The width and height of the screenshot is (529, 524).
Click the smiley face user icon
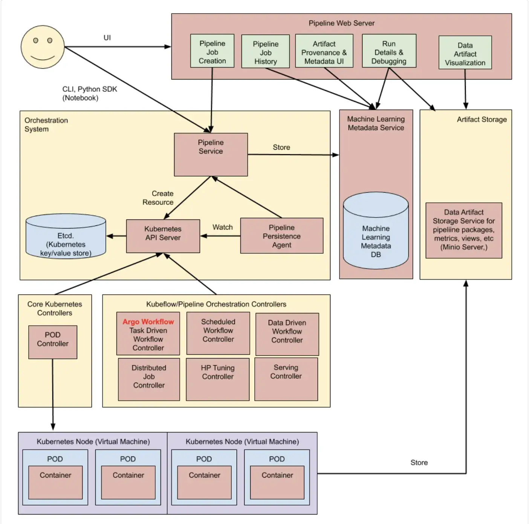click(x=43, y=47)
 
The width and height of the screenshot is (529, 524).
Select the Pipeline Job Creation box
click(x=212, y=51)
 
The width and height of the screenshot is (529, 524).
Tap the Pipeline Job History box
click(x=265, y=52)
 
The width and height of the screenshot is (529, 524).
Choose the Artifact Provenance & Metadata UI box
click(x=324, y=51)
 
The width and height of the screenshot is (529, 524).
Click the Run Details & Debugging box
click(x=389, y=51)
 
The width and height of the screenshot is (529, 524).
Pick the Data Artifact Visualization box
click(x=465, y=52)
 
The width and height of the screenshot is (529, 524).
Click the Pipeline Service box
click(x=211, y=154)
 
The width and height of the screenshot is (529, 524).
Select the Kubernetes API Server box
click(x=163, y=236)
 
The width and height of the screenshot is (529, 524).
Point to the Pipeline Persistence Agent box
click(x=281, y=236)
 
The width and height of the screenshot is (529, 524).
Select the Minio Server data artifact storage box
click(x=463, y=230)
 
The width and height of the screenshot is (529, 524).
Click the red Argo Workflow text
click(x=148, y=322)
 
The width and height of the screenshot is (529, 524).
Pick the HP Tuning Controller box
click(x=217, y=379)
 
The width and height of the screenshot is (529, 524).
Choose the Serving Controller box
click(x=286, y=379)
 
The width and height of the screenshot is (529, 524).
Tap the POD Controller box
click(x=53, y=342)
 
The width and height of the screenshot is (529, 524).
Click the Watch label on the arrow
click(x=222, y=227)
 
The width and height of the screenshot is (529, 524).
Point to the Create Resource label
click(x=158, y=198)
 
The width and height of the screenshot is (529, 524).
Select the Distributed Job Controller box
click(x=149, y=379)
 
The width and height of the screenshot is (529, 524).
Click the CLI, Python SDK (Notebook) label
click(x=90, y=93)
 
